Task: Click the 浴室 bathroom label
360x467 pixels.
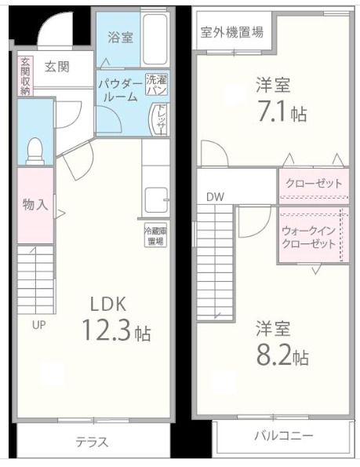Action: [119, 36]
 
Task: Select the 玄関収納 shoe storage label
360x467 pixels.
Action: [25, 75]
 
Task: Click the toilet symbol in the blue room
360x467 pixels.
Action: [35, 150]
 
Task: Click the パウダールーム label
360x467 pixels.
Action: [121, 89]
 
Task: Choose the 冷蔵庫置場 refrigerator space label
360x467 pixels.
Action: [155, 236]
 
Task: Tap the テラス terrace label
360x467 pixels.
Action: [92, 442]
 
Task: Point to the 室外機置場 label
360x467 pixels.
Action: [231, 33]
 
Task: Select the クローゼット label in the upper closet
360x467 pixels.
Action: [314, 184]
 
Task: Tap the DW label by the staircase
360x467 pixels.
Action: [215, 197]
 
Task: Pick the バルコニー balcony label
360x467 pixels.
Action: [282, 436]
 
